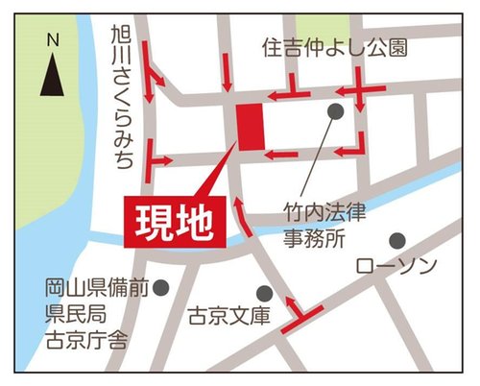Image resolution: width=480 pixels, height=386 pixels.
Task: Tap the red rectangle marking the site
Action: [250, 127]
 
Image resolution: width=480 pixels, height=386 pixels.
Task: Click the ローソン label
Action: [396, 264]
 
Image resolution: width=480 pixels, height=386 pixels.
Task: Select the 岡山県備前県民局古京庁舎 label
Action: [91, 312]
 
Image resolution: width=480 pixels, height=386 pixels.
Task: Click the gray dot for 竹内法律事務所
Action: [334, 111]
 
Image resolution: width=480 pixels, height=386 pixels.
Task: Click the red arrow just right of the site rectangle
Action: [279, 154]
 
